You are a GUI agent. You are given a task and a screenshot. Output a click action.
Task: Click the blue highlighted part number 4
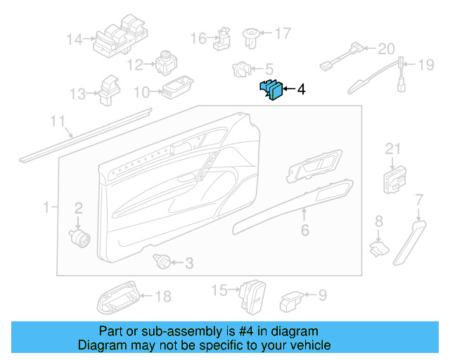point(272,90)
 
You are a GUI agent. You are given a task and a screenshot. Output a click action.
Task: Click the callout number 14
point(75,40)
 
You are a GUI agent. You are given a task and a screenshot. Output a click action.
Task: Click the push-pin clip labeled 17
point(251,38)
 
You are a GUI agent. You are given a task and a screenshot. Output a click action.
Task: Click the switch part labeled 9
point(292,302)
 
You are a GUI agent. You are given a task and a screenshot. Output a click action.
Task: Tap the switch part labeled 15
point(252,296)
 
